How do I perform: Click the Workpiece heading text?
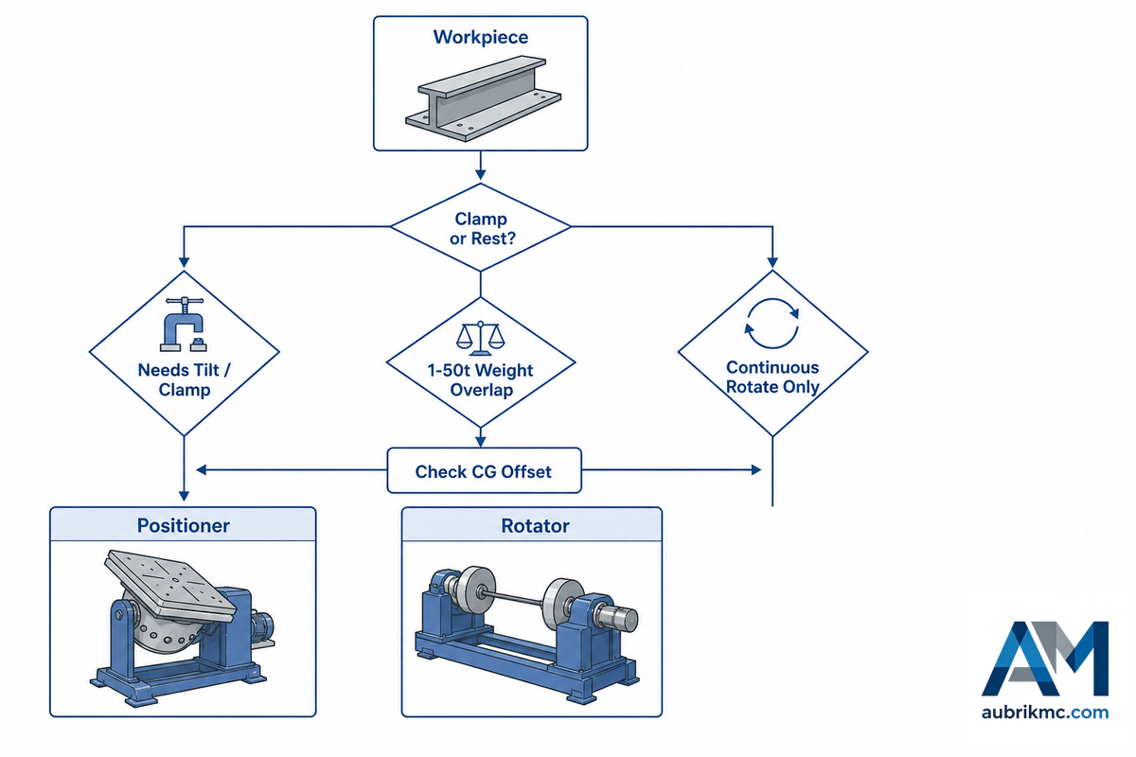point(480,38)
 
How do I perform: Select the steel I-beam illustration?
point(483,98)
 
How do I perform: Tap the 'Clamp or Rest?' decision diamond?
point(480,227)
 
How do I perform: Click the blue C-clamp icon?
point(184,324)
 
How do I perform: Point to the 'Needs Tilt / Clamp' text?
point(184,379)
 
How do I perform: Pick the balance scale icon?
point(480,338)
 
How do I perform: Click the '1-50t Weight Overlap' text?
point(480,380)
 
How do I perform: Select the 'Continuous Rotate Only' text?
point(772,377)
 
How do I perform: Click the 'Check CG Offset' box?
point(484,470)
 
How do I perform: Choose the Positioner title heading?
point(183,526)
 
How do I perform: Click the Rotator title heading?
point(535,526)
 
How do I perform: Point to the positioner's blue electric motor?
point(263,625)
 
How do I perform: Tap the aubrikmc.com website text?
point(1045,713)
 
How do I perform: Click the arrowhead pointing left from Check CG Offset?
point(202,470)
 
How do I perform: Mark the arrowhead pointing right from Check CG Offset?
point(755,470)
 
